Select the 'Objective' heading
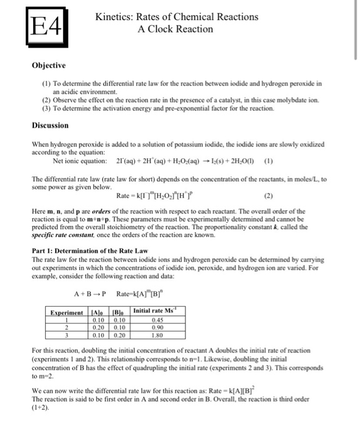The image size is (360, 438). coord(49,65)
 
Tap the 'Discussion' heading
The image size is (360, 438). coord(51,125)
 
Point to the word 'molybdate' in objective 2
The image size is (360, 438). coord(289,99)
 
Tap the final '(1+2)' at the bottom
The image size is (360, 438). coord(41,414)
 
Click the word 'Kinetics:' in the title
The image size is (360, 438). coord(116,17)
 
